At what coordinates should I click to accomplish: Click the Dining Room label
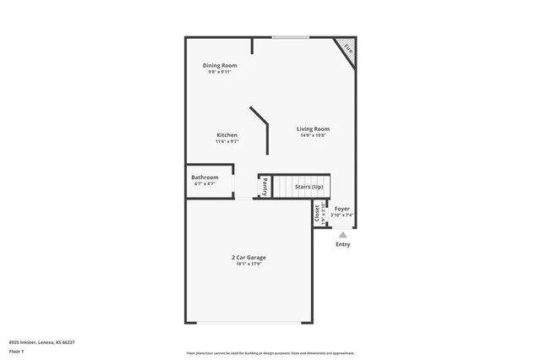[219, 65]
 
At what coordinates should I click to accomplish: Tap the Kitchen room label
[227, 135]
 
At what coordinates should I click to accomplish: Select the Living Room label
[313, 128]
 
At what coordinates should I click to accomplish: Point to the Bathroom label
[205, 177]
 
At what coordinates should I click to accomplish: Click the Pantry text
[265, 186]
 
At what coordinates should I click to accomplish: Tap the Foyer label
[342, 208]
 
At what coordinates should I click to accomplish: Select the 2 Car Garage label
[249, 258]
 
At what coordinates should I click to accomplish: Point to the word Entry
[342, 245]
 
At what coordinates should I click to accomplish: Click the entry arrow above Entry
[342, 234]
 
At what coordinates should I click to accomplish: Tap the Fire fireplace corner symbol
[347, 49]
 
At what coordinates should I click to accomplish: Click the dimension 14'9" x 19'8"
[313, 135]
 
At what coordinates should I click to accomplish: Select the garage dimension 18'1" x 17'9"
[249, 265]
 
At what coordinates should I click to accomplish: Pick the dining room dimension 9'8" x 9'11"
[219, 72]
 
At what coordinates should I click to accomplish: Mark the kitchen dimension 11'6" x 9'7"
[227, 142]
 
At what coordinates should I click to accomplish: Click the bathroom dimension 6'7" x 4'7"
[205, 184]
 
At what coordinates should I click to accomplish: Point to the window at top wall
[289, 36]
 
